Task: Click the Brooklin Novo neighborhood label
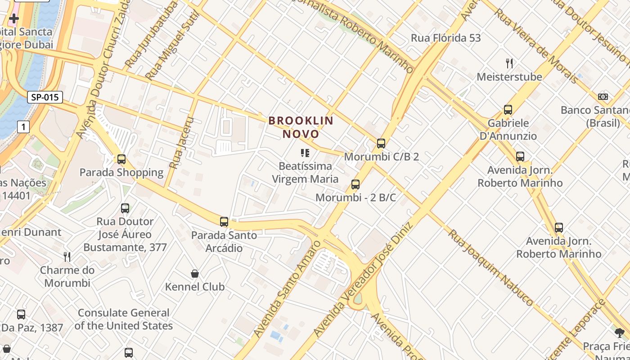coord(301,127)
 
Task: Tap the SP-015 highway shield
coord(45,97)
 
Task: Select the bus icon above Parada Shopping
coord(121,159)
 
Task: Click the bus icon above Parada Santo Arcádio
coord(224,222)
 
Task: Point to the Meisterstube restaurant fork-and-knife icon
coord(509,63)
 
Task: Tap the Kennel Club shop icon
coord(195,274)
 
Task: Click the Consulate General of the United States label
coord(124,319)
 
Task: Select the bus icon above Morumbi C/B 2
coord(381,144)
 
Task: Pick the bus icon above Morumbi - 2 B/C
coord(355,184)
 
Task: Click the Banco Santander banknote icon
coord(603,97)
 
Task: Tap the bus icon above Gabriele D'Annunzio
coord(508,110)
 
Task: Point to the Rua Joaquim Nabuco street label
coord(490,267)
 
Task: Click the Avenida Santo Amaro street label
coord(287,288)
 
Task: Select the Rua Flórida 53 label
coord(445,38)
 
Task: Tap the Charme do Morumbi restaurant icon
coord(67,257)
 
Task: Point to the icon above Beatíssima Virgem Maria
coord(305,153)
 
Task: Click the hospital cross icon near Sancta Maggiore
coord(14,19)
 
